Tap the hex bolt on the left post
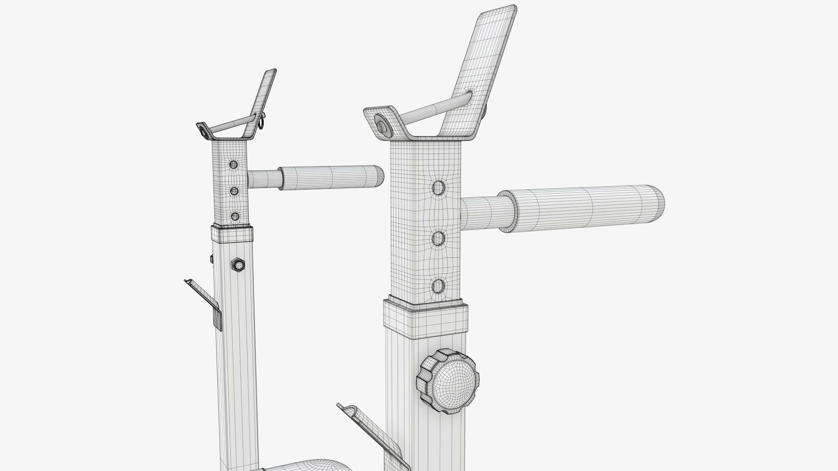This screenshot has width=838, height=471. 238,264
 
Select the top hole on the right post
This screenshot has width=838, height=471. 438,188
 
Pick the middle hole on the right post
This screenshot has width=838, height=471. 438,238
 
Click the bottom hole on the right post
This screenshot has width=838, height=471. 438,286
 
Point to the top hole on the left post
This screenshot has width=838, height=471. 234,164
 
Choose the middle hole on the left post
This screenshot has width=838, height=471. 234,191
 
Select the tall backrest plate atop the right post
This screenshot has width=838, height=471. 480,70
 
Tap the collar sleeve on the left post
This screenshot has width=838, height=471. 232,234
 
